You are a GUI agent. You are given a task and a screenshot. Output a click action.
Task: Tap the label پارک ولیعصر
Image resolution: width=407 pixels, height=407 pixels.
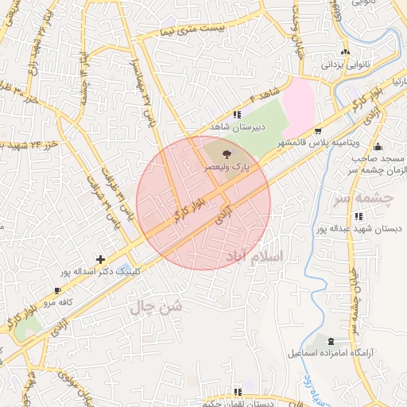[x=229, y=168]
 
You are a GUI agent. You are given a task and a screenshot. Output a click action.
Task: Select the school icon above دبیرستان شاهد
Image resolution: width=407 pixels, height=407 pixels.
[x=237, y=114]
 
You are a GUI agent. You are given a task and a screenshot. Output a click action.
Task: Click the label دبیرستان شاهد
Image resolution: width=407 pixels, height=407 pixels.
[x=237, y=126]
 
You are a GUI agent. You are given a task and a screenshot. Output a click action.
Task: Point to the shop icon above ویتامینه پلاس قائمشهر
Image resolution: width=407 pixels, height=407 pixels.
[x=319, y=130]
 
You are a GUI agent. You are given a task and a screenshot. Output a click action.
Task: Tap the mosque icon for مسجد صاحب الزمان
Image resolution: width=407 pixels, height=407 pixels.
[x=378, y=147]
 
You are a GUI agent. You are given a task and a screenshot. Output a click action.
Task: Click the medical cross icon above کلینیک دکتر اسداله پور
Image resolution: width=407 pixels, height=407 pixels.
[x=100, y=259]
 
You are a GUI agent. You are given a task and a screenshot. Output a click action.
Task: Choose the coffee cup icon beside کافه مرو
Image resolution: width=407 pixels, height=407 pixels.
[x=58, y=291]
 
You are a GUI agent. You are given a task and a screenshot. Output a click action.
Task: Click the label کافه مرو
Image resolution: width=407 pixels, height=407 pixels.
[x=58, y=303]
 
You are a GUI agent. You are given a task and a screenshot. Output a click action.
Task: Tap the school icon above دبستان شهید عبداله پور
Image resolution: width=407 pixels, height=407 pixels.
[x=359, y=216]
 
